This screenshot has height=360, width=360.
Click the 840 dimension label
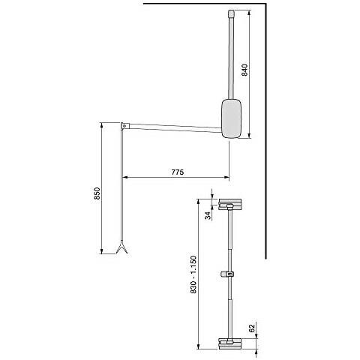pos(244,70)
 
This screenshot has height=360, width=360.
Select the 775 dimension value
pos(178,172)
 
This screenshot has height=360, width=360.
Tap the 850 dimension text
pos(97,193)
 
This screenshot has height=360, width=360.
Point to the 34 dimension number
pos(208,215)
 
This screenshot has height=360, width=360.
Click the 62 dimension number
pos(252,328)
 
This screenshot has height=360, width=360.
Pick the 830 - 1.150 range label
pos(193,274)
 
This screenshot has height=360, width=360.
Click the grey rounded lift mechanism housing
pos(232,118)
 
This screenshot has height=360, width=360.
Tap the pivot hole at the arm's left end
pos(124,126)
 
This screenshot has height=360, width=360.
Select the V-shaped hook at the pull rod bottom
pos(121,248)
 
